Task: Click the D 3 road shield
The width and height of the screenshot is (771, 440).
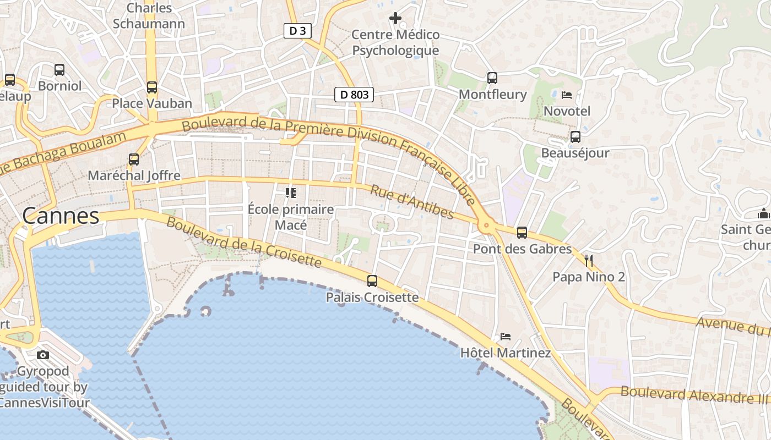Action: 297,31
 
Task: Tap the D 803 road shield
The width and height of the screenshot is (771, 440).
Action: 354,95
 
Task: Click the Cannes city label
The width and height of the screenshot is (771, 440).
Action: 61,216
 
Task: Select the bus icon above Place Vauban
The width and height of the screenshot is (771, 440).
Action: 152,87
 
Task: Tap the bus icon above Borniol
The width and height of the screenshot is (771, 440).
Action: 59,70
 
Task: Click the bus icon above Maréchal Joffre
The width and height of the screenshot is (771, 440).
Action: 134,159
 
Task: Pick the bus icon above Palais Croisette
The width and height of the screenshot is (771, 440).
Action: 372,281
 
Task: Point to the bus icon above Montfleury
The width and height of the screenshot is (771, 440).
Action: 492,78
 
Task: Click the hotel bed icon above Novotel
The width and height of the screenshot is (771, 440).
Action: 567,95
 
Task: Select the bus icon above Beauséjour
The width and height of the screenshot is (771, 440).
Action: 575,136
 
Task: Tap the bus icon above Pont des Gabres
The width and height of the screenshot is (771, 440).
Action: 522,233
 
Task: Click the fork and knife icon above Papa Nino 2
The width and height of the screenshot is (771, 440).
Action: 589,260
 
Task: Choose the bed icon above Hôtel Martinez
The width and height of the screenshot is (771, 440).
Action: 506,336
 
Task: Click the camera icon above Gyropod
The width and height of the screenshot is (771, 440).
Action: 43,355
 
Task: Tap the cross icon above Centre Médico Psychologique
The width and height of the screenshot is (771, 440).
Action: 395,18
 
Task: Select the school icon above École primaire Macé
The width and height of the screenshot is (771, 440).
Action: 290,193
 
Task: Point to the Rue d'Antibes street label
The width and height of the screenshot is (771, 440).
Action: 411,202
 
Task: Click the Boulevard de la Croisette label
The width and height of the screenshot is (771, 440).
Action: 243,242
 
